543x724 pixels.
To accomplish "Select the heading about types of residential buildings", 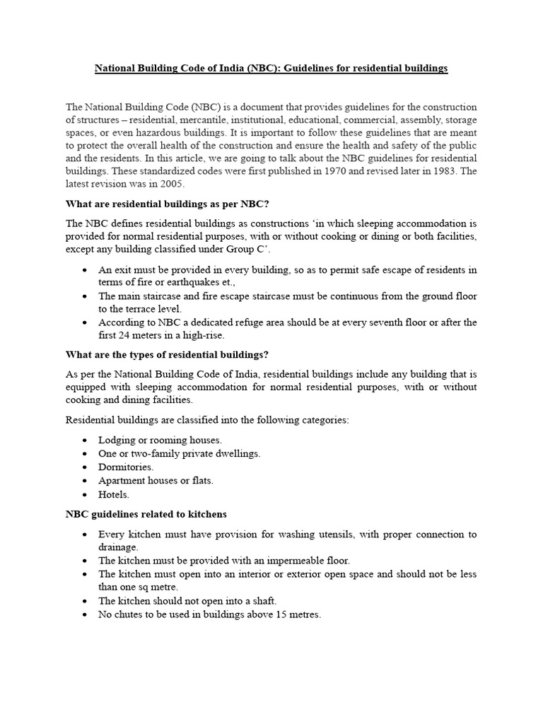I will click(x=167, y=354).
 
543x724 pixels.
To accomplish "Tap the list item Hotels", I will click(x=114, y=494).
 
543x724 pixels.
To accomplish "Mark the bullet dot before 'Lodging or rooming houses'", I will click(x=86, y=440).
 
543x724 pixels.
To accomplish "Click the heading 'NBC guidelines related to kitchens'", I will click(x=146, y=514).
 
